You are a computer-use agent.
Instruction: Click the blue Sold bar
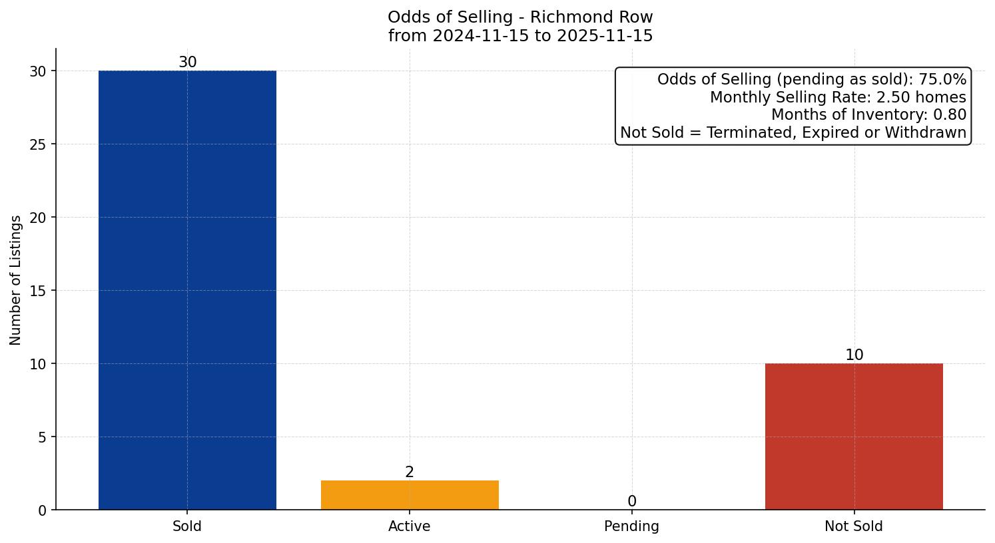pyautogui.click(x=187, y=290)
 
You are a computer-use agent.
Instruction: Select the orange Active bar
pyautogui.click(x=410, y=495)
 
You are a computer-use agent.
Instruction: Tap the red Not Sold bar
pyautogui.click(x=854, y=437)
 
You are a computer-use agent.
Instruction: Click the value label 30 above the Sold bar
pyautogui.click(x=188, y=62)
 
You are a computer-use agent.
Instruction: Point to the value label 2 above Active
pyautogui.click(x=410, y=472)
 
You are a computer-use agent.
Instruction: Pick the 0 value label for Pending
pyautogui.click(x=631, y=501)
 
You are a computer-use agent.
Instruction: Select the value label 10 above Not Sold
pyautogui.click(x=854, y=355)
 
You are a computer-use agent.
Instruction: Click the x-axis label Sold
pyautogui.click(x=187, y=526)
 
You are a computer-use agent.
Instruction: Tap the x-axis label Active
pyautogui.click(x=410, y=526)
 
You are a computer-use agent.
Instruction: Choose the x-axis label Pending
pyautogui.click(x=631, y=526)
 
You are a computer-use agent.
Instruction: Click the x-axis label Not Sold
pyautogui.click(x=854, y=526)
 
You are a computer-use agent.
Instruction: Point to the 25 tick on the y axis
pyautogui.click(x=38, y=144)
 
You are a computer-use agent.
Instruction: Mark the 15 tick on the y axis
pyautogui.click(x=38, y=291)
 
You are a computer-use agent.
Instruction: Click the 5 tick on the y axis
pyautogui.click(x=42, y=437)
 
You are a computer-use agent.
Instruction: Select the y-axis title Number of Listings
pyautogui.click(x=16, y=279)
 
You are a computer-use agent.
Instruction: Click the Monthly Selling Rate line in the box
pyautogui.click(x=837, y=97)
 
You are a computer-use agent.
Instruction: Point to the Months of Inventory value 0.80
pyautogui.click(x=949, y=114)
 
